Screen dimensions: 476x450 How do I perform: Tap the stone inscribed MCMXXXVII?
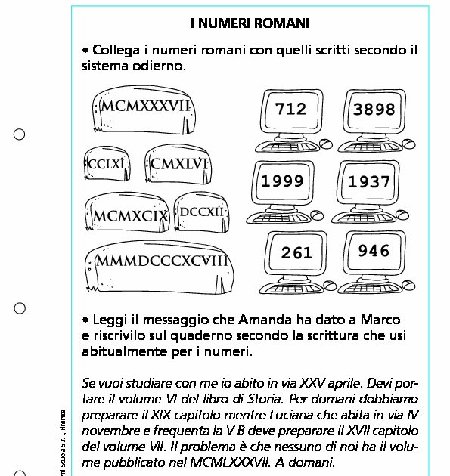[x=144, y=111]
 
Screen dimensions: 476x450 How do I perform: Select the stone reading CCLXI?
[x=106, y=164]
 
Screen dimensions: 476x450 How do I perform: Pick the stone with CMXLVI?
[x=179, y=164]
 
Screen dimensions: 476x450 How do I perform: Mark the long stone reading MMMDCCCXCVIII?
[x=160, y=266]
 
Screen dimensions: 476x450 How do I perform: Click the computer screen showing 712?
[x=290, y=110]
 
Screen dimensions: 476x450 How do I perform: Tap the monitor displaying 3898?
[x=374, y=110]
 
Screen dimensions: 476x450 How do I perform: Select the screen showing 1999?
[x=282, y=181]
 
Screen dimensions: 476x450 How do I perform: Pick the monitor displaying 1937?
[x=369, y=181]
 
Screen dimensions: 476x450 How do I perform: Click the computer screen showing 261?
[x=296, y=253]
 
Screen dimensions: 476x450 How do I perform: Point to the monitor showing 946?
[x=374, y=252]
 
